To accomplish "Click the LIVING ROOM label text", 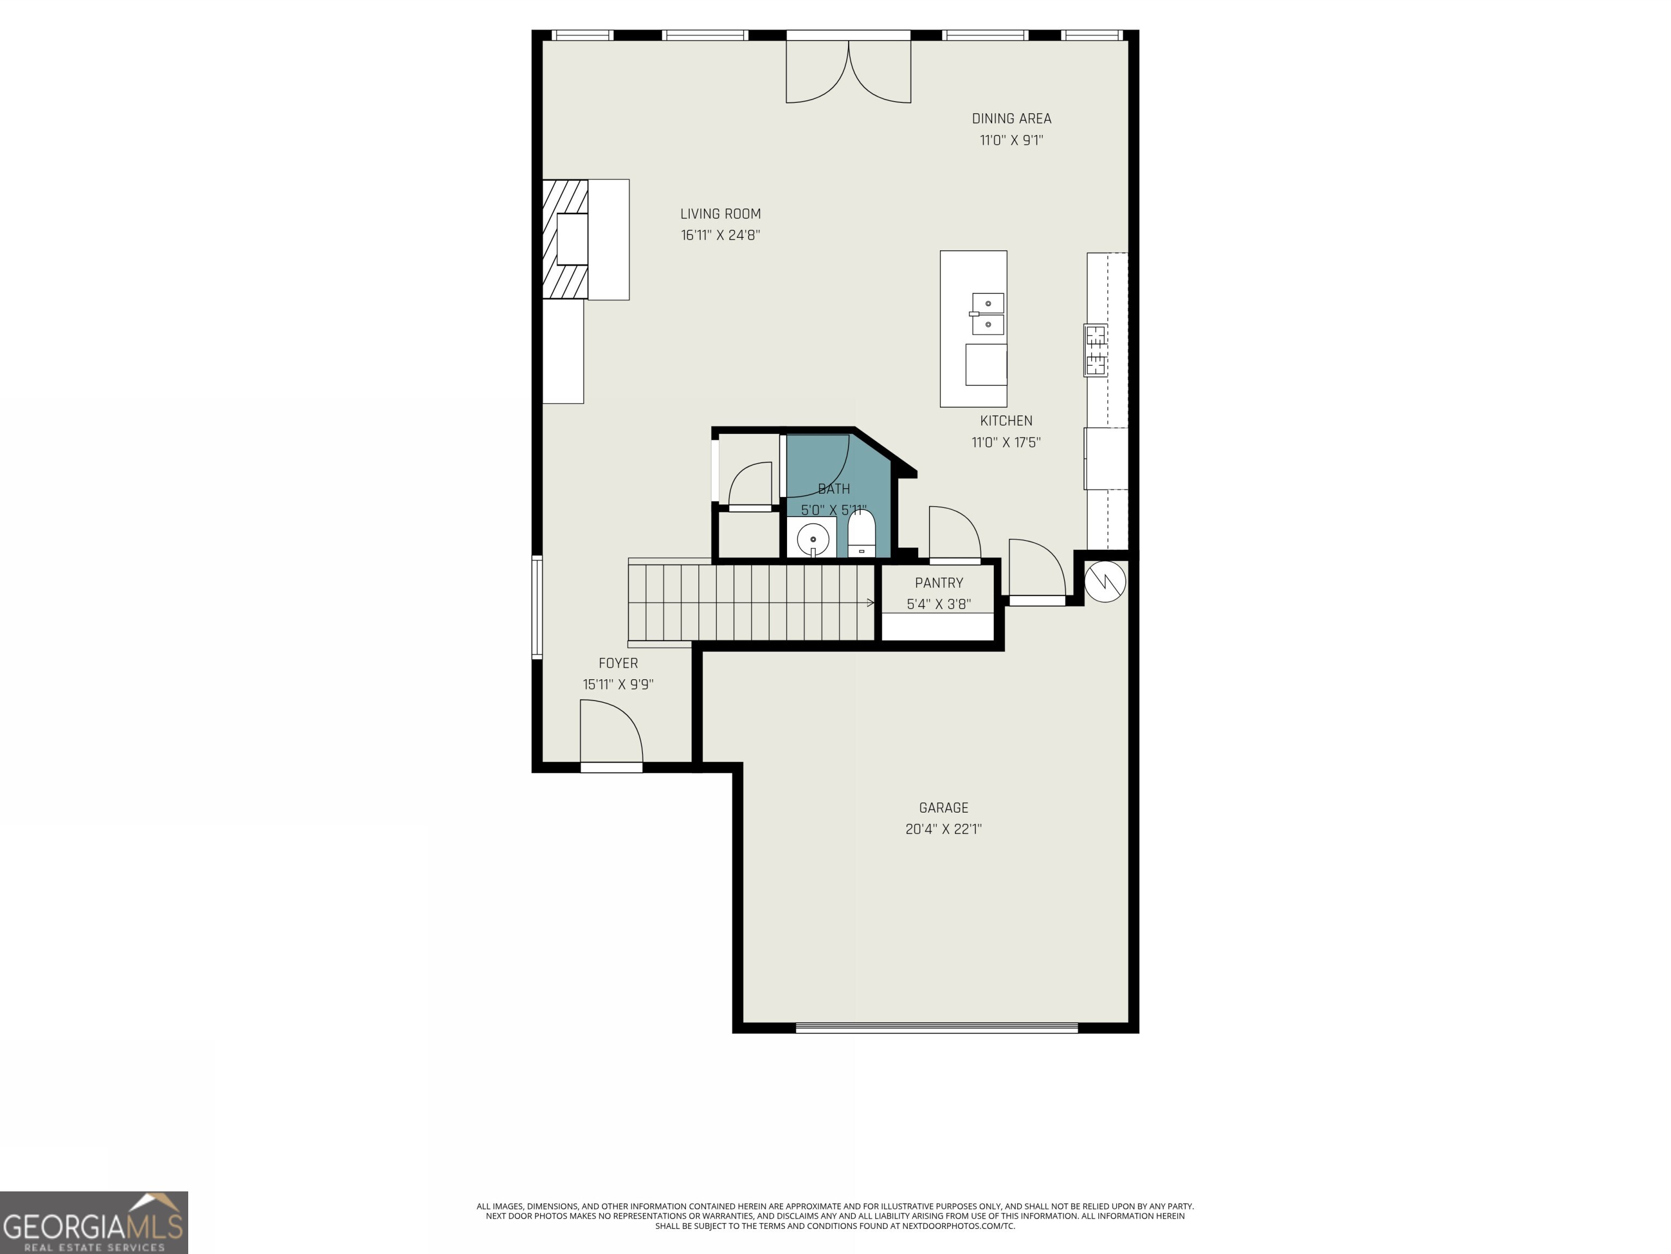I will (x=720, y=214).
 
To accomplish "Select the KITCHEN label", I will (x=1005, y=421).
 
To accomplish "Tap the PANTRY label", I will (x=938, y=583).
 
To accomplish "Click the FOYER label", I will (x=618, y=663).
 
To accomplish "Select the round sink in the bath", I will (x=813, y=539).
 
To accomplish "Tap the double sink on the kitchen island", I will (x=987, y=313).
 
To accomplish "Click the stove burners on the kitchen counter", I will (x=1096, y=350).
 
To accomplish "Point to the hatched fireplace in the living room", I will (x=565, y=239).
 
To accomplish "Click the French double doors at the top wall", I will (x=849, y=72).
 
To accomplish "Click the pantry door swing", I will (x=954, y=533).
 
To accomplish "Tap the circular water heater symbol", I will (x=1104, y=581).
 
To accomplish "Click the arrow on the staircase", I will (x=870, y=603).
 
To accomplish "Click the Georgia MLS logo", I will (x=94, y=1222).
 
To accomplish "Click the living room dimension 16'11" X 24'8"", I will (x=720, y=235).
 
